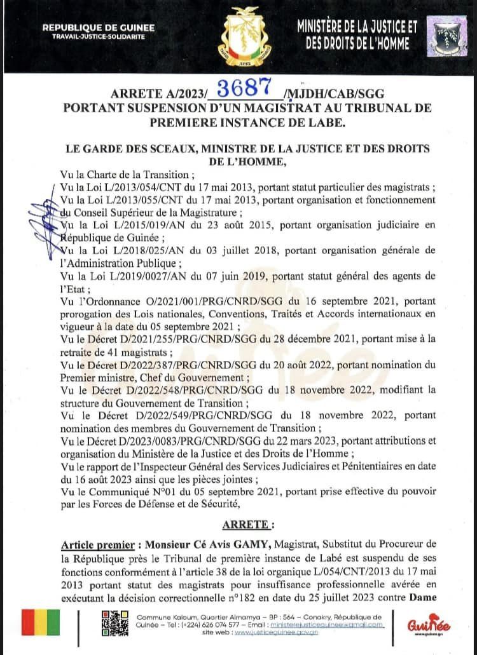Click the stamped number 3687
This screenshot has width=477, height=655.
[x=245, y=88]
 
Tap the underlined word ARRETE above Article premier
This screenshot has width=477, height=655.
[x=247, y=524]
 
